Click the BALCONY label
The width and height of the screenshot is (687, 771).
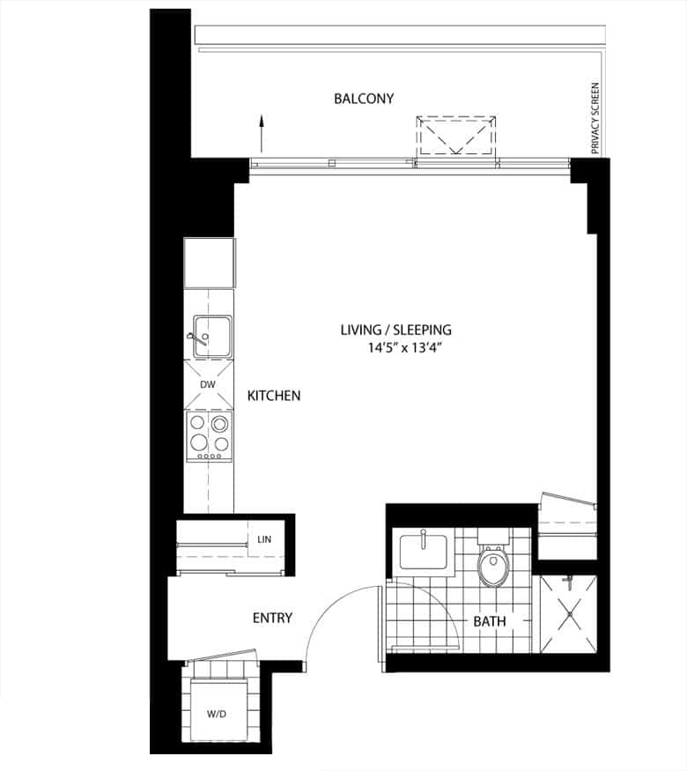pos(364,99)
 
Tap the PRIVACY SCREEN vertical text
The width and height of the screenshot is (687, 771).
pos(595,118)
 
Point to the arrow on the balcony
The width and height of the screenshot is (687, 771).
pos(262,133)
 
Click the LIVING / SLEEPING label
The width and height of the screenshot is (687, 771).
pos(395,330)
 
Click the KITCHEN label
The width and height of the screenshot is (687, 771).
pos(274,396)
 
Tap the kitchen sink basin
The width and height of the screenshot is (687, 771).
pos(212,337)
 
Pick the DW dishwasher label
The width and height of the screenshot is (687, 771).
pos(208,384)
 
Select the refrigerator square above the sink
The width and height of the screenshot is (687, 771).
pos(210,263)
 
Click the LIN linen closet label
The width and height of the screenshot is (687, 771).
pos(264,539)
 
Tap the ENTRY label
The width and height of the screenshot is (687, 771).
pos(272,618)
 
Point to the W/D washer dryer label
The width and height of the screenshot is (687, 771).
pos(216,714)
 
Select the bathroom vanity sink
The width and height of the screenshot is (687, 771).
pos(423,552)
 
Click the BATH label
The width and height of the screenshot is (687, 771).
pos(490,621)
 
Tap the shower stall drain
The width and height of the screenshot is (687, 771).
pos(570,614)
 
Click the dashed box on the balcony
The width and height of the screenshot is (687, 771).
pos(456,135)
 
